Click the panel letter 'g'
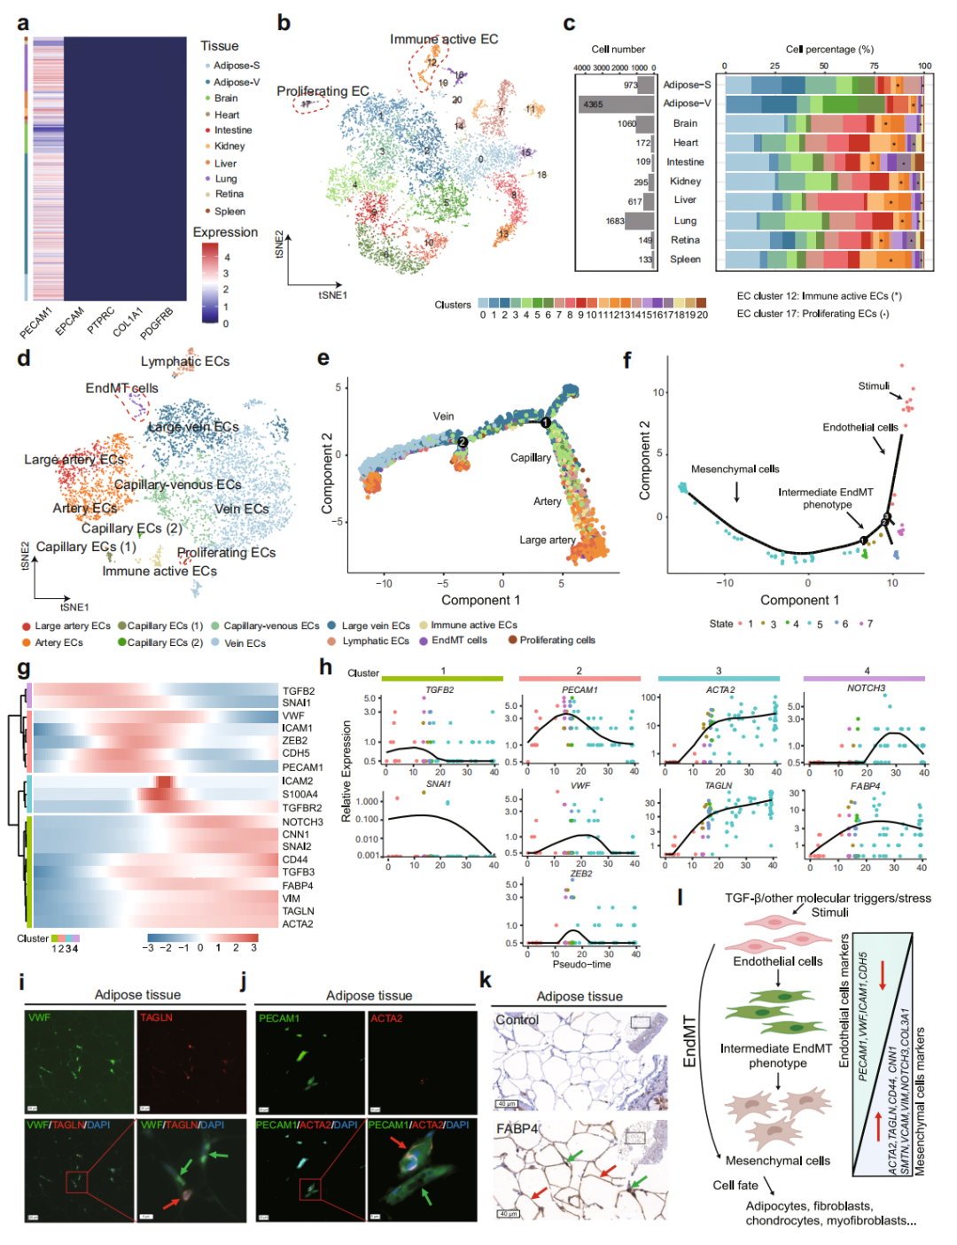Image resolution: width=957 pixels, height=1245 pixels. point(23,669)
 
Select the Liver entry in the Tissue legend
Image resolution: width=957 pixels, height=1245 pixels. point(225,163)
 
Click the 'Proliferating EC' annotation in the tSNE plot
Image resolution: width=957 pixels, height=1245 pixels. point(323,91)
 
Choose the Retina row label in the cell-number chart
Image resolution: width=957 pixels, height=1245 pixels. point(685,240)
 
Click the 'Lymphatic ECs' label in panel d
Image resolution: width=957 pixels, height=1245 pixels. point(184,362)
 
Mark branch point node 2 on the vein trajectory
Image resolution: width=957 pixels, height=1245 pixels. point(462,442)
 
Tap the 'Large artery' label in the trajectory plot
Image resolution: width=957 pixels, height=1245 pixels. point(547,540)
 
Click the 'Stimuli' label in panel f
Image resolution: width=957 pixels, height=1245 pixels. point(873,386)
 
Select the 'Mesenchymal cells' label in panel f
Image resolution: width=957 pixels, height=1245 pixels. point(735,469)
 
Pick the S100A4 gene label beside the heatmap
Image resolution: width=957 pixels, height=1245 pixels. point(300,794)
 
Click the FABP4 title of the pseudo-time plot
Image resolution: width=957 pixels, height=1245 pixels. point(865,786)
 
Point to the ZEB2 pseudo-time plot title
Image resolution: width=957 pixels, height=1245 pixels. point(580,874)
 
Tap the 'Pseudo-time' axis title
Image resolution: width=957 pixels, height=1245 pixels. point(581,964)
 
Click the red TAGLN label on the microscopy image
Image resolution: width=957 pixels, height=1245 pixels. point(156,1017)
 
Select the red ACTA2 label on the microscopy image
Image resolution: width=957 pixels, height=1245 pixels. point(385,1018)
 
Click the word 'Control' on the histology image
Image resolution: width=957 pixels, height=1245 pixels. point(517,1020)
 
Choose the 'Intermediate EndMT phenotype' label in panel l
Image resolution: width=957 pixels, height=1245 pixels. point(776,1055)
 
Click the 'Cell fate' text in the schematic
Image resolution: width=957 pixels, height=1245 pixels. point(735,1185)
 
